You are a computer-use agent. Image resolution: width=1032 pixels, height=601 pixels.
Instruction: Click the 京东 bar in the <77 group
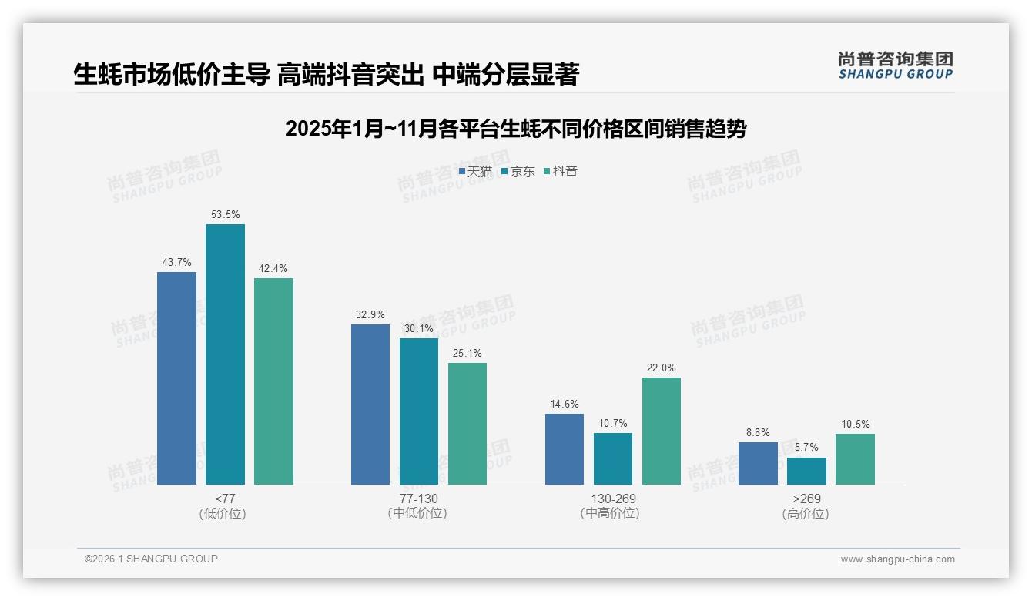[x=225, y=354]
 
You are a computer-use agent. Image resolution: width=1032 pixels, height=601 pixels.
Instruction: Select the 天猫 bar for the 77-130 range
[x=370, y=405]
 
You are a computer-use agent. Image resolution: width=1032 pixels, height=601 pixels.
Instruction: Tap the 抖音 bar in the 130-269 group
[x=662, y=431]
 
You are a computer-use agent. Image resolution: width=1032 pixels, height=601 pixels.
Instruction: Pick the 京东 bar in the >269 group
[x=806, y=471]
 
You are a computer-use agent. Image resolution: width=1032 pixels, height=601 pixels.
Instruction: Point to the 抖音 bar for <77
[x=273, y=381]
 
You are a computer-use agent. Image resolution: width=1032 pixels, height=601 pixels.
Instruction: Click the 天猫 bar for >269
[x=758, y=463]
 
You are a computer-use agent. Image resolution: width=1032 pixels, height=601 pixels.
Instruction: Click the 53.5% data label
[x=225, y=214]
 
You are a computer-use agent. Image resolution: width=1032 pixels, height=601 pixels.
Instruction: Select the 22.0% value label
[x=662, y=368]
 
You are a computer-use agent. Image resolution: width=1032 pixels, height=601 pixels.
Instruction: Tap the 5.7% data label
[x=806, y=448]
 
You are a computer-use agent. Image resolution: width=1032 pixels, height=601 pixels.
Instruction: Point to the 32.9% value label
[x=370, y=314]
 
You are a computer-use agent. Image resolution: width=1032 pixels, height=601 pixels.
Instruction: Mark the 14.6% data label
[x=565, y=404]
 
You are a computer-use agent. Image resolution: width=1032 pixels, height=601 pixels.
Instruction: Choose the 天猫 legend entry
[x=475, y=172]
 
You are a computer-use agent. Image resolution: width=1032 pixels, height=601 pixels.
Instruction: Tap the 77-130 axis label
[x=419, y=499]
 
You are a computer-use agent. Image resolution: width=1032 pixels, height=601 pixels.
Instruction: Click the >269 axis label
[x=806, y=499]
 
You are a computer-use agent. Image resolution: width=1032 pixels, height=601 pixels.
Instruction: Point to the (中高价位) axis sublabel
[x=610, y=513]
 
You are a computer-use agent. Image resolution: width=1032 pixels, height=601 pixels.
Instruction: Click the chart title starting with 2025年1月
[x=516, y=129]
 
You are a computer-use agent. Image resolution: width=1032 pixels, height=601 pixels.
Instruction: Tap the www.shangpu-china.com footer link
[x=897, y=559]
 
